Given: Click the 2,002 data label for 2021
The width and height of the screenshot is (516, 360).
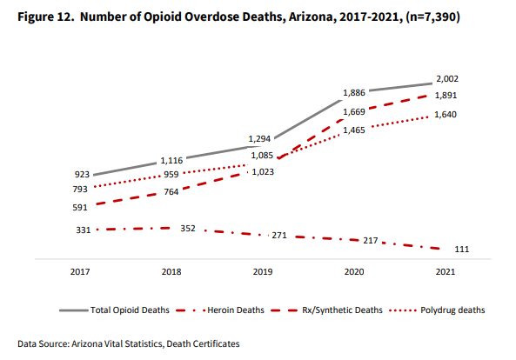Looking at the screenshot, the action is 447,79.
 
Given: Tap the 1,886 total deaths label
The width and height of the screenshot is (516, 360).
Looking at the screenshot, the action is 354,93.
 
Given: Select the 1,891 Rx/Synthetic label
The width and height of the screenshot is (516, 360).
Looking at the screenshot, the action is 446,96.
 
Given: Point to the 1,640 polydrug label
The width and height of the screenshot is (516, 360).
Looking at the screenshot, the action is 446,115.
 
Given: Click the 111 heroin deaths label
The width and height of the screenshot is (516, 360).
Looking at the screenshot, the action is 462,250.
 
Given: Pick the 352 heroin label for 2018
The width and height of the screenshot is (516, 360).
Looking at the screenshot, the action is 188,228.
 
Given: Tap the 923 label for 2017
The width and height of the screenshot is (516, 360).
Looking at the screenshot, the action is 82,174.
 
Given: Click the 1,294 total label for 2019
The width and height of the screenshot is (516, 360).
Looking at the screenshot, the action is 259,139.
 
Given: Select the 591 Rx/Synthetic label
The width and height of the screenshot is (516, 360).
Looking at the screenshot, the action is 80,208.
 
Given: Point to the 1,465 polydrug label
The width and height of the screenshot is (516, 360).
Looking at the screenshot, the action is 354,130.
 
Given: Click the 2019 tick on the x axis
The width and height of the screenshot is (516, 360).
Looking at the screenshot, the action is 263,272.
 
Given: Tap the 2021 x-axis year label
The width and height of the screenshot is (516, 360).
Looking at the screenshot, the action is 446,272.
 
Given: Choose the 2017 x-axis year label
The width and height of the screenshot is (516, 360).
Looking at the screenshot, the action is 80,272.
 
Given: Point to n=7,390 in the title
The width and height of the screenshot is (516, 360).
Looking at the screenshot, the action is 432,17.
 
